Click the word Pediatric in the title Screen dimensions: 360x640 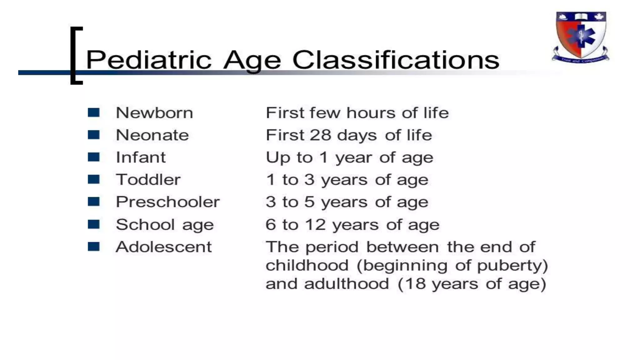[148, 60]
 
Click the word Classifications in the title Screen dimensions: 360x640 [396, 60]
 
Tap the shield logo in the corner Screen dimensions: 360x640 [581, 37]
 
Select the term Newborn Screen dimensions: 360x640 [154, 113]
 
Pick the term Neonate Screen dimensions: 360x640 [152, 135]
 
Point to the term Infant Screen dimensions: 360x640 [141, 157]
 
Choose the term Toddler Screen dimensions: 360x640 [148, 180]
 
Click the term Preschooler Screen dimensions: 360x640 [167, 202]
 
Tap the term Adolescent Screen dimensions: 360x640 [164, 247]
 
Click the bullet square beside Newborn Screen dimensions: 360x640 [93, 112]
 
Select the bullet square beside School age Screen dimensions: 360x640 [93, 224]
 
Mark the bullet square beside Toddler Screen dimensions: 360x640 [93, 179]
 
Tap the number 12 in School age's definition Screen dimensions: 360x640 [315, 225]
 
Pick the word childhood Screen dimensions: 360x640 [307, 266]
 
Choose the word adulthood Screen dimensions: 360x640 [346, 284]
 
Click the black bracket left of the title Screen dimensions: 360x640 [75, 56]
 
